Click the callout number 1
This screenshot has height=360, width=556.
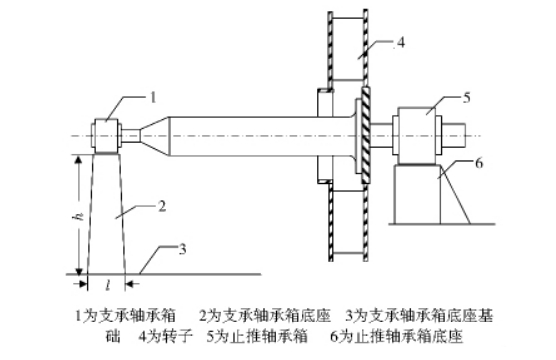[153, 97]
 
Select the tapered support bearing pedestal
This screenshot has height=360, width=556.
[108, 215]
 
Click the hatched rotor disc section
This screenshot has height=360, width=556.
[366, 135]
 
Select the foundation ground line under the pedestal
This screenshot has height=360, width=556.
[200, 272]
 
